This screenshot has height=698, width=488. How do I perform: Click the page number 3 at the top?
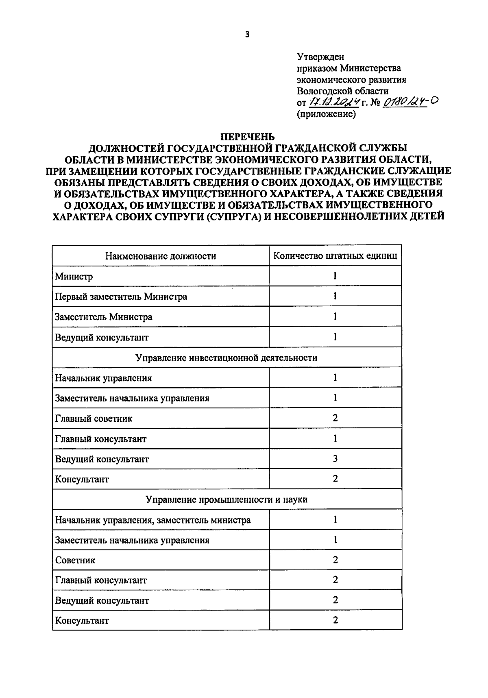(x=248, y=35)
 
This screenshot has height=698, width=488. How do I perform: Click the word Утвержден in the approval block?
(x=320, y=57)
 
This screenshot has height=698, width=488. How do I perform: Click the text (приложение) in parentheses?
(x=327, y=114)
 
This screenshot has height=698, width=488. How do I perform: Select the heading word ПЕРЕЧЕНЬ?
(x=248, y=137)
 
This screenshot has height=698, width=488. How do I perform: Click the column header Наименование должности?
(x=161, y=256)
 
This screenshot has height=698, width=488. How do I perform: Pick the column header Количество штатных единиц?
(x=335, y=256)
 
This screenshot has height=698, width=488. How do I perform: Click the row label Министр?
(x=74, y=277)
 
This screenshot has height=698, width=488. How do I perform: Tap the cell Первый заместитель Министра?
(x=121, y=297)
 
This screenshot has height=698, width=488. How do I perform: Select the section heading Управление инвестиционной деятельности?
(x=227, y=358)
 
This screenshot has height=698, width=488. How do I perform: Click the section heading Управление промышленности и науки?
(x=227, y=499)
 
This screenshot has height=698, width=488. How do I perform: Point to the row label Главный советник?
(x=94, y=419)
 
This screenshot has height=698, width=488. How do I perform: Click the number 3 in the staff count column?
(x=335, y=459)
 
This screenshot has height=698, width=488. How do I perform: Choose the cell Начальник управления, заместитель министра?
(x=153, y=520)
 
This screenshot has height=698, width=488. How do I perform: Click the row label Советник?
(x=75, y=560)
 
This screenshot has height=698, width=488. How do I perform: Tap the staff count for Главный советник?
(x=335, y=418)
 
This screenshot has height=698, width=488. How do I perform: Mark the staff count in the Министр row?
(x=335, y=276)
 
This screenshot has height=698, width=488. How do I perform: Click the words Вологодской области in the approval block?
(x=342, y=91)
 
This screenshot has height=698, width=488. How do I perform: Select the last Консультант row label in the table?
(x=82, y=621)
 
